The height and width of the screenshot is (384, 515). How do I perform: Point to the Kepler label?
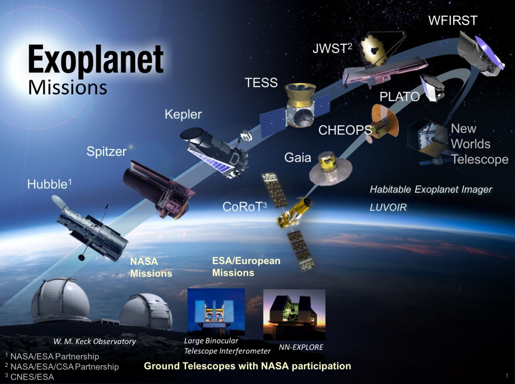coord(183,114)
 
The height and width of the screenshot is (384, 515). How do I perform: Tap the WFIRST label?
coord(452,21)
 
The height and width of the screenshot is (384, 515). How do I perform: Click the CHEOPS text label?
coord(345,130)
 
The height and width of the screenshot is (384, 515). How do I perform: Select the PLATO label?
coord(399,97)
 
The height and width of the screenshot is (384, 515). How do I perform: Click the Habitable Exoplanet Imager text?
coord(431,189)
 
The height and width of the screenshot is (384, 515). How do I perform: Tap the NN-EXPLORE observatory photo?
coord(294,315)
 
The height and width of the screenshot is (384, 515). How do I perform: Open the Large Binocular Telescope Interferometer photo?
coord(216,312)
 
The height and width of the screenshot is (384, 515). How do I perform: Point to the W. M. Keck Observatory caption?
coord(95,342)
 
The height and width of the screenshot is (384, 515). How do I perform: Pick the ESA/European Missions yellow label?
coord(246,267)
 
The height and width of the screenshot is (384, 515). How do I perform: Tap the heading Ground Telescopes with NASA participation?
coord(247,366)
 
